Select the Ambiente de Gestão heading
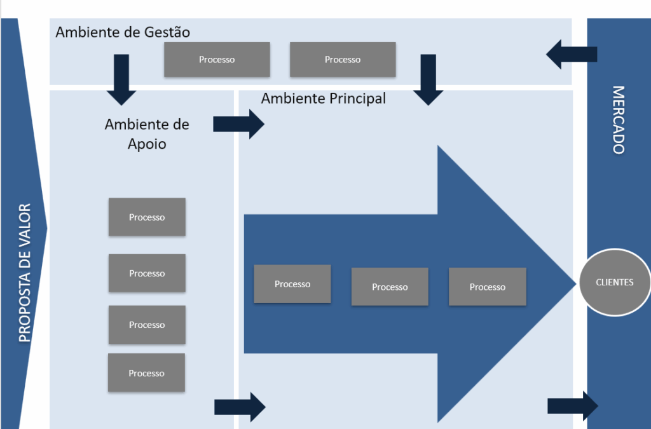(123, 32)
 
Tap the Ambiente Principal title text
(323, 99)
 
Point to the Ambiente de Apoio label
(147, 133)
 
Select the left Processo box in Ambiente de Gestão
(217, 59)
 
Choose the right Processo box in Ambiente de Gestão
(343, 59)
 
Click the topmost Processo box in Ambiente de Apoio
(147, 217)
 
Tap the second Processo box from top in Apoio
(147, 273)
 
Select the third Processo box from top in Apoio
(147, 325)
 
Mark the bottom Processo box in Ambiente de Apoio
(146, 372)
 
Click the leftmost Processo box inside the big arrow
(292, 284)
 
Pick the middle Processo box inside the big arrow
(390, 287)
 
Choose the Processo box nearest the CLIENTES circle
(488, 287)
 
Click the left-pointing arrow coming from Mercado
(570, 54)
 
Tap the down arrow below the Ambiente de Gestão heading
(121, 79)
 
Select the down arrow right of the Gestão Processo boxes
(428, 79)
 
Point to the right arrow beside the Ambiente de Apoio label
(238, 124)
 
